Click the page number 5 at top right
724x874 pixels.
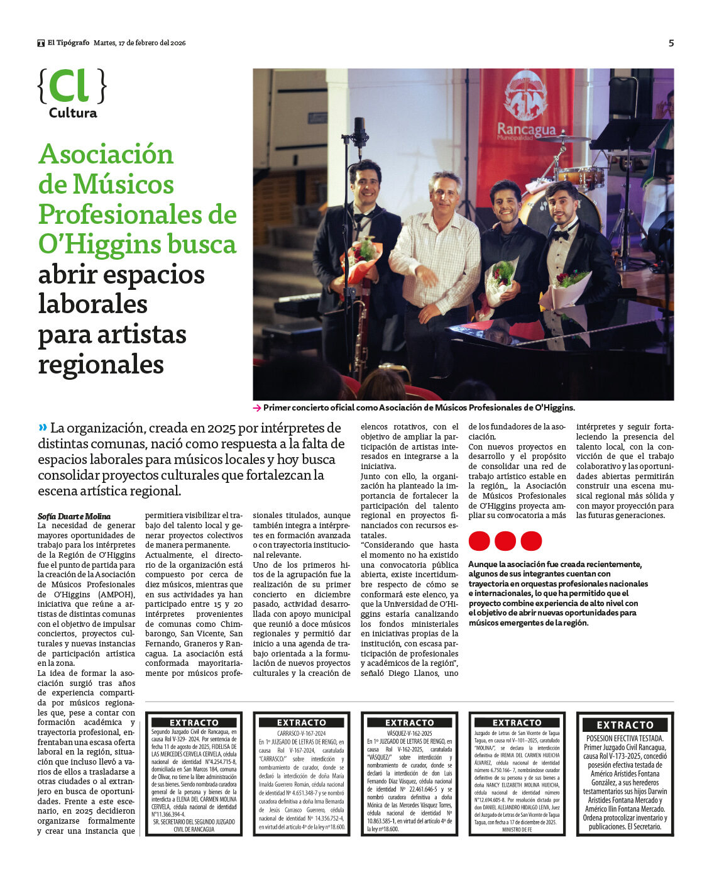(671, 43)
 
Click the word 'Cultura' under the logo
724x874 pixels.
(73, 113)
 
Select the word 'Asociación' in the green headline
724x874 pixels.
(106, 154)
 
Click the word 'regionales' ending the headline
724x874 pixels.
(101, 365)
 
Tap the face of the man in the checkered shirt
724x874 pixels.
(444, 193)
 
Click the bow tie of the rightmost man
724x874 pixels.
(561, 233)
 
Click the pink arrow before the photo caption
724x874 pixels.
(257, 408)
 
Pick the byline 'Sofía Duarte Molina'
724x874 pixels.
(74, 516)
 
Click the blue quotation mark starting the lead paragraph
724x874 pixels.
(43, 427)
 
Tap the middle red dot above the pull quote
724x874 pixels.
(505, 541)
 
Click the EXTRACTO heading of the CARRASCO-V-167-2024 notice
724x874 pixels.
(302, 722)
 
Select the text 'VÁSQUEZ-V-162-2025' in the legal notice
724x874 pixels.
(409, 733)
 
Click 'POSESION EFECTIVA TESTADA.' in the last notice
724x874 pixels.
(625, 738)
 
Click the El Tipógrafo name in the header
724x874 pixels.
(68, 43)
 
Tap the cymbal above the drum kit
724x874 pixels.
(564, 138)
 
